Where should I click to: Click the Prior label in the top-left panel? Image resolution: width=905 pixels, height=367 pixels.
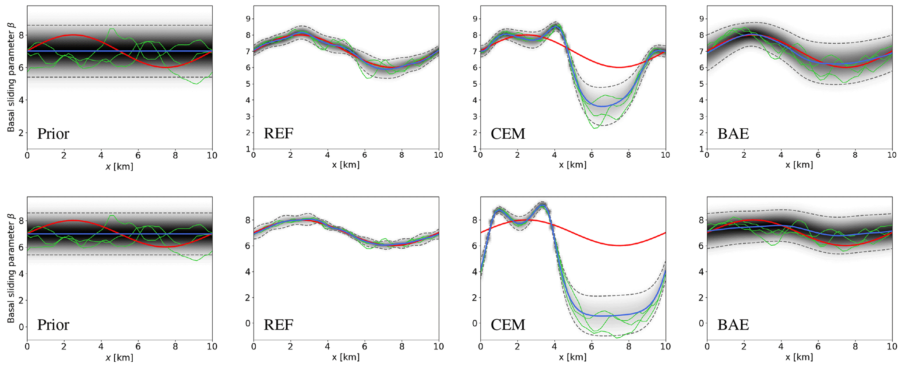click(x=53, y=134)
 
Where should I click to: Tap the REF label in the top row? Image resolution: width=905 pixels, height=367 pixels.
click(x=278, y=134)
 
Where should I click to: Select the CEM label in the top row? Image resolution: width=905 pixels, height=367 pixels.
click(x=507, y=134)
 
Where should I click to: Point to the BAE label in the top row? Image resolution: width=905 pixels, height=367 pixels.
click(x=733, y=134)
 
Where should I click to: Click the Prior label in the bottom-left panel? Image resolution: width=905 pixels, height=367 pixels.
click(x=53, y=325)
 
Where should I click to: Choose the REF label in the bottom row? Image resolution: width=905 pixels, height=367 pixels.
click(x=278, y=325)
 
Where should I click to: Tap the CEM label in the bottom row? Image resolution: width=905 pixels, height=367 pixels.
click(x=507, y=325)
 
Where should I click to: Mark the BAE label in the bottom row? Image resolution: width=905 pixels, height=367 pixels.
click(x=733, y=325)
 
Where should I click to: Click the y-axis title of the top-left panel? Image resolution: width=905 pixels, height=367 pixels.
click(x=11, y=77)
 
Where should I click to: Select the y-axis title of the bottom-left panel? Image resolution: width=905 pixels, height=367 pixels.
click(x=11, y=268)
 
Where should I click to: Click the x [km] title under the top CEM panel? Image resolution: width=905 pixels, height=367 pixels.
click(x=573, y=165)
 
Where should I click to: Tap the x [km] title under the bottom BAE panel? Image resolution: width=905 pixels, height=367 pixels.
click(x=799, y=357)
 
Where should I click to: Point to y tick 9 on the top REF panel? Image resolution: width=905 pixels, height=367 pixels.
click(x=248, y=19)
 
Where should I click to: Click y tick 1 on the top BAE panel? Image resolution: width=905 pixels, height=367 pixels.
click(x=701, y=149)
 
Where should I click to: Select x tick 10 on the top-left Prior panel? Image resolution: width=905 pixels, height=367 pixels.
click(x=212, y=155)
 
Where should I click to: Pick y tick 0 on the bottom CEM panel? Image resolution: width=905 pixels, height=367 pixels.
click(x=475, y=323)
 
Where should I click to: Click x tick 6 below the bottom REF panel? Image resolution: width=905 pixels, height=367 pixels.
click(x=365, y=346)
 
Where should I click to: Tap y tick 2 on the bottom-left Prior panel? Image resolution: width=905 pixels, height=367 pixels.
click(x=21, y=300)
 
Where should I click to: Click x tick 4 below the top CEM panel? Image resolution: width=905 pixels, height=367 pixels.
click(x=554, y=155)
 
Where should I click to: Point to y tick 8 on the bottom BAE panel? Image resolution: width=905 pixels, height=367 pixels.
click(x=701, y=220)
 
